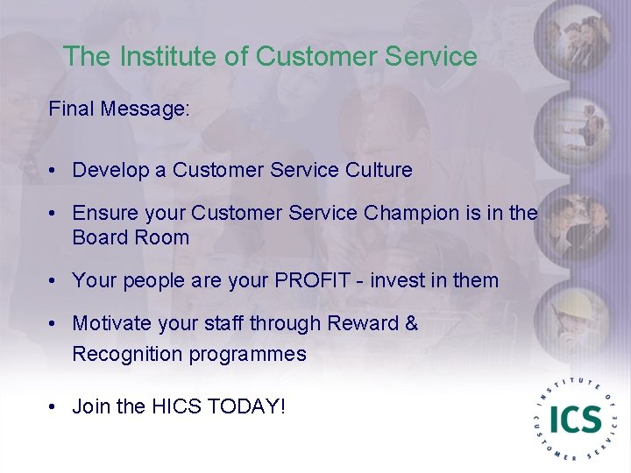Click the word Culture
[x=379, y=170]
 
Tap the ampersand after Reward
[x=412, y=323]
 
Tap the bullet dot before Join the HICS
[x=54, y=407]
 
